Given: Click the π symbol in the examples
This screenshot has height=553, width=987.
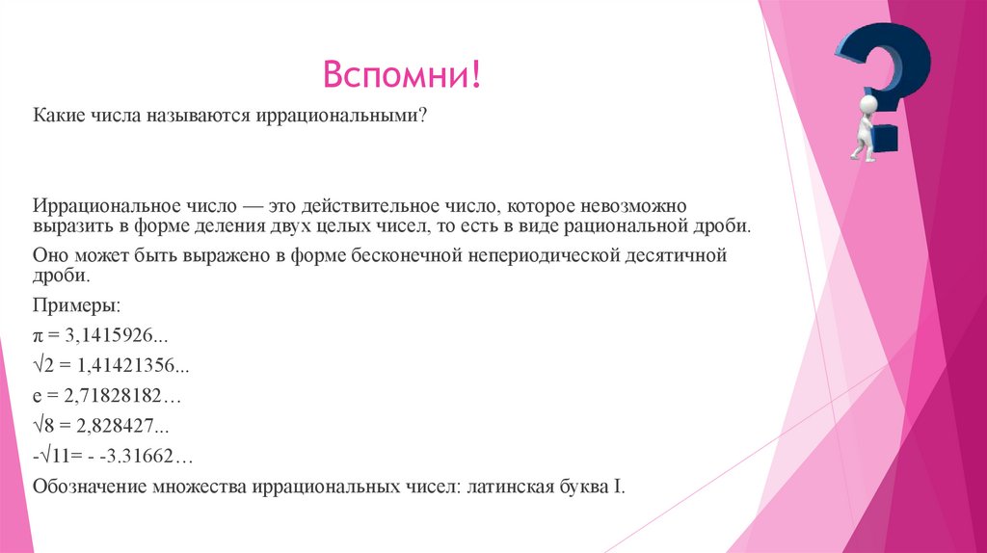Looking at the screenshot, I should click(40, 335).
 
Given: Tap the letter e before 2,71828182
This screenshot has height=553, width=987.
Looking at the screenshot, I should click(38, 396).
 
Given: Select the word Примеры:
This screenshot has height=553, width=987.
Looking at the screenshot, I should click(77, 304).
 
